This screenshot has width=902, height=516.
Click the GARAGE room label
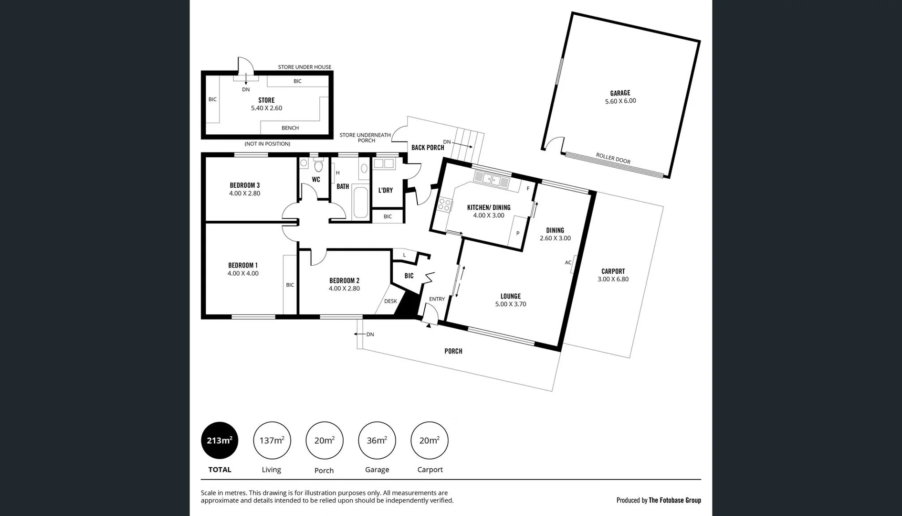click(x=620, y=93)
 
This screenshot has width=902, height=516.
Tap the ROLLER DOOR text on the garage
click(x=613, y=158)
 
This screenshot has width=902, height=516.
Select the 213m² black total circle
click(x=220, y=441)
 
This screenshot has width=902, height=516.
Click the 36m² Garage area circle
click(x=377, y=441)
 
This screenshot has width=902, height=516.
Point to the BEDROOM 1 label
click(x=242, y=265)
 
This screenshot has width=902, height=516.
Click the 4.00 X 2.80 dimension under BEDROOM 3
click(x=244, y=193)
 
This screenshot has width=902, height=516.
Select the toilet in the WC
click(x=318, y=166)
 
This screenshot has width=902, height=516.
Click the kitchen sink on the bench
click(x=492, y=180)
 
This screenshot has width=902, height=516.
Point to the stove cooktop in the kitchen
click(x=444, y=204)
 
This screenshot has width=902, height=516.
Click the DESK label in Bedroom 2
click(x=390, y=301)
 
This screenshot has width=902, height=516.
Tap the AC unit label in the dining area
click(x=568, y=262)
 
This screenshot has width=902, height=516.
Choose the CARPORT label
click(x=613, y=271)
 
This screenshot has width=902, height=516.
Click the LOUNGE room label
click(x=510, y=296)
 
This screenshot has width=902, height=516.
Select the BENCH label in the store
click(x=290, y=128)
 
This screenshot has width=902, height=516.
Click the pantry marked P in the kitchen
click(x=517, y=234)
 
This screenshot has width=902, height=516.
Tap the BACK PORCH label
click(x=427, y=148)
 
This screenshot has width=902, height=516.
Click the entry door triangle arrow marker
click(x=429, y=325)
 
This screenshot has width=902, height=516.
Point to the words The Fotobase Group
click(x=674, y=500)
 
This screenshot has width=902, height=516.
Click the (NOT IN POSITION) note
click(x=267, y=144)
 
